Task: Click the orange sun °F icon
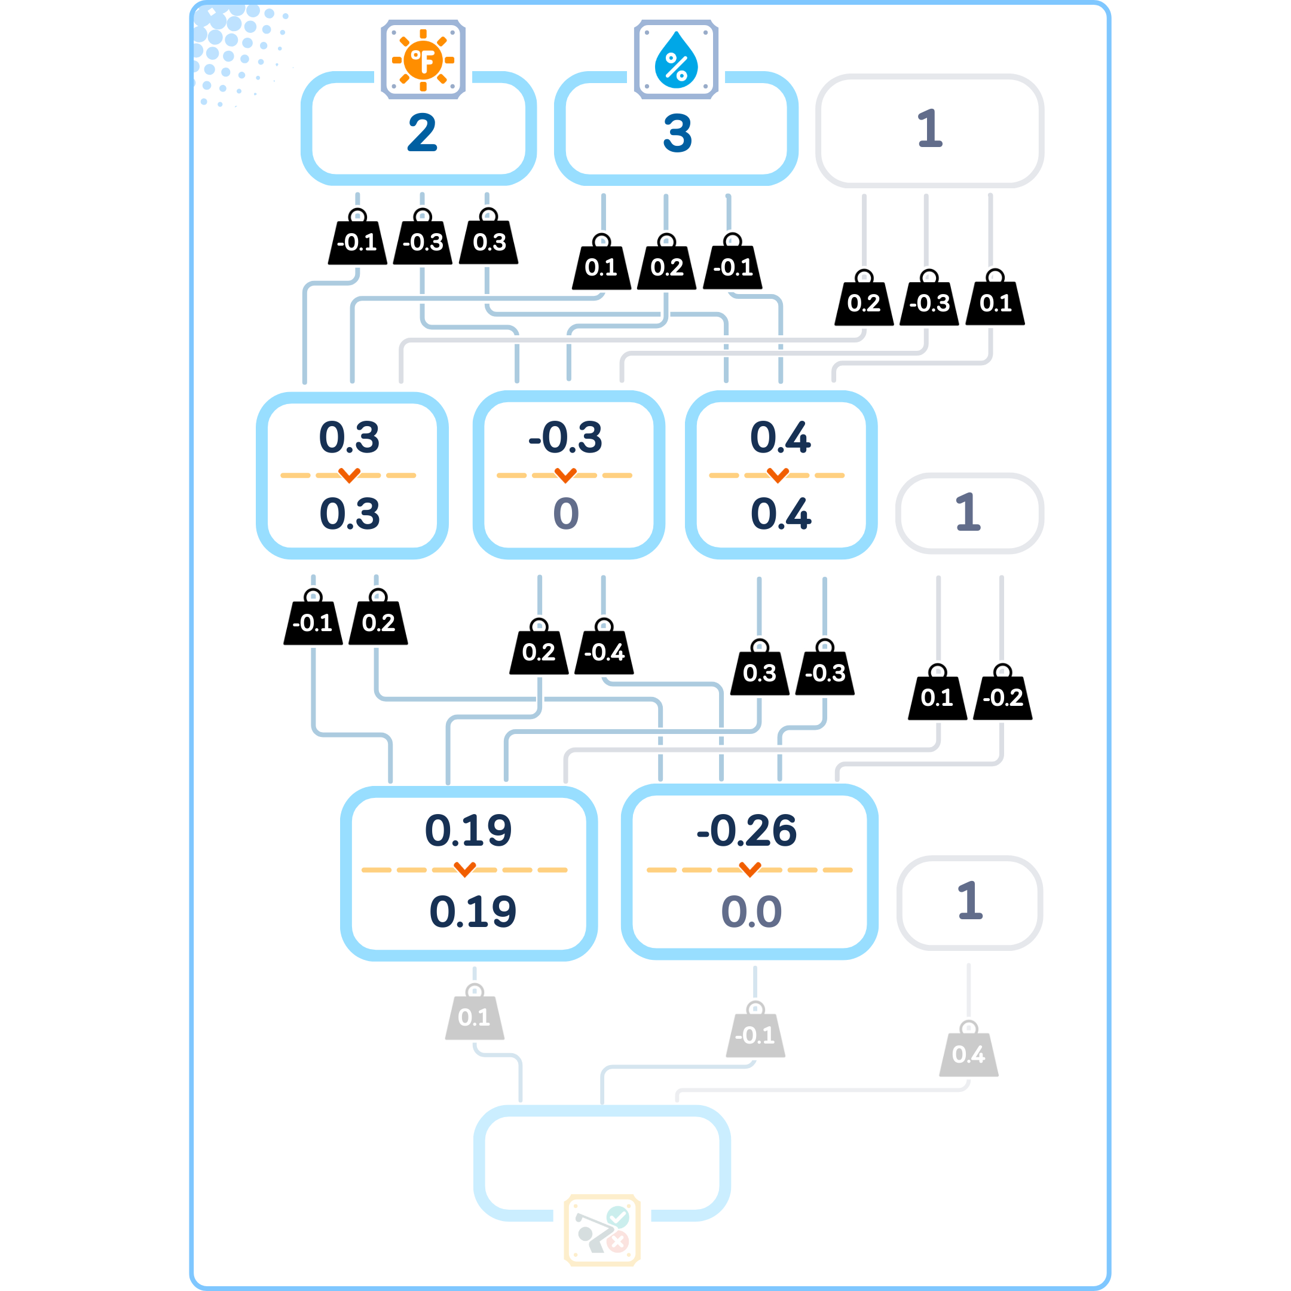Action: [x=423, y=60]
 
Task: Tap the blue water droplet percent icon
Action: [x=676, y=60]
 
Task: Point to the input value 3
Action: [x=677, y=132]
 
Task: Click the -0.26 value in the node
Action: [x=747, y=831]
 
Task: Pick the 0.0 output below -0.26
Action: [x=751, y=911]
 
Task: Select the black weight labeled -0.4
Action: [x=604, y=651]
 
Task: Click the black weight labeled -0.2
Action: [x=1002, y=696]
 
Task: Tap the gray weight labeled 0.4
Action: [x=968, y=1053]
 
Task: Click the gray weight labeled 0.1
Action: [x=475, y=1016]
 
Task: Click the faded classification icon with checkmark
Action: [x=602, y=1229]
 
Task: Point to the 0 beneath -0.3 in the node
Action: [x=566, y=513]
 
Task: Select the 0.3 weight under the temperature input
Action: [x=489, y=241]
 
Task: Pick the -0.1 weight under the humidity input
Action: [x=733, y=267]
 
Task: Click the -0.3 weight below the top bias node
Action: [x=929, y=302]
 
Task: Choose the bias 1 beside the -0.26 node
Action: [x=969, y=901]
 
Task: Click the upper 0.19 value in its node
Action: [x=469, y=831]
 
